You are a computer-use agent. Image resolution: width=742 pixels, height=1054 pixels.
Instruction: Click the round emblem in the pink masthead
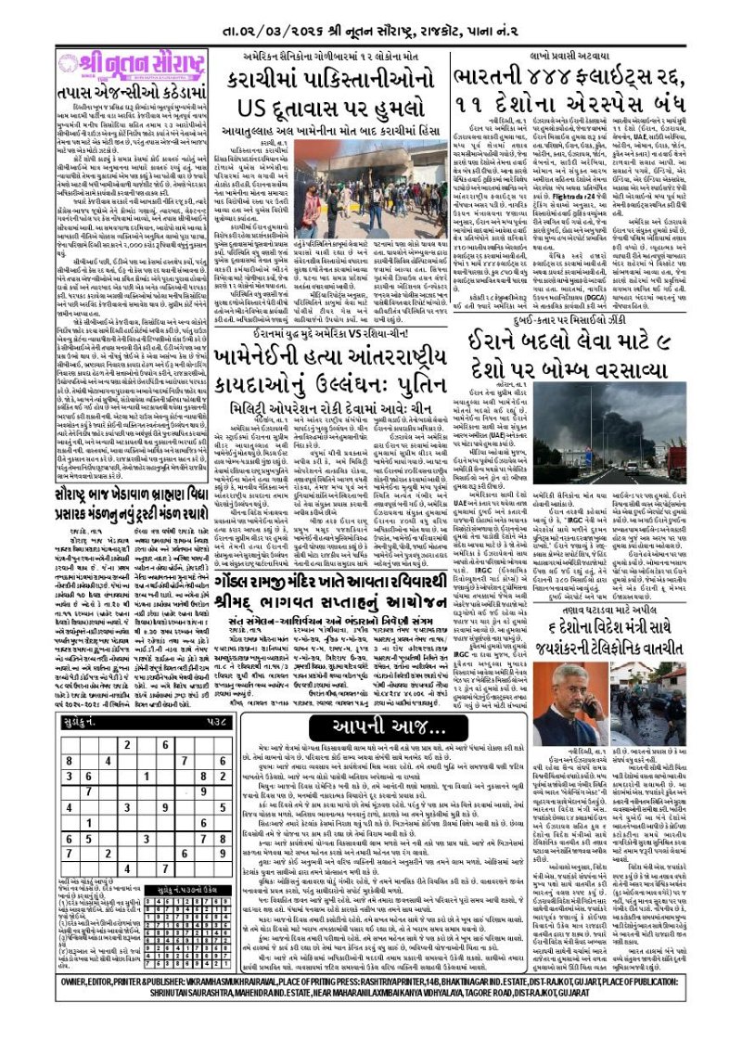click(69, 64)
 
